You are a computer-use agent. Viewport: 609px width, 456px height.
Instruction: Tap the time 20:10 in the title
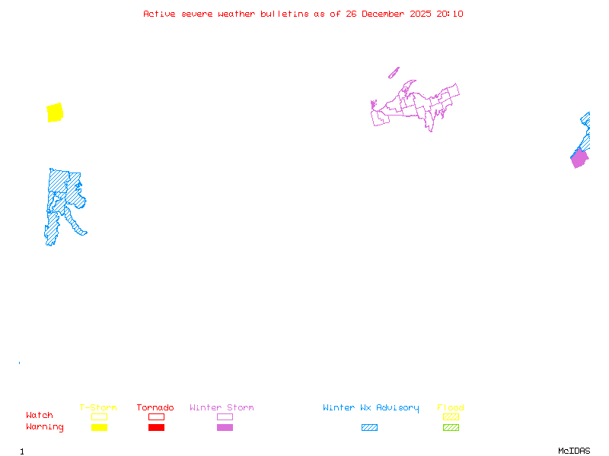tap(450, 14)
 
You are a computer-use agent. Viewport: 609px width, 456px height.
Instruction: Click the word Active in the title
tap(159, 14)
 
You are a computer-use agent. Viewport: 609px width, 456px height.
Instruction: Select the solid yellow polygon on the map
tap(55, 112)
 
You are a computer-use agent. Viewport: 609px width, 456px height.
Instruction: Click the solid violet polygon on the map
tap(579, 159)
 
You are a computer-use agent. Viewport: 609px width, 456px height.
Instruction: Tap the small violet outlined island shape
tap(394, 73)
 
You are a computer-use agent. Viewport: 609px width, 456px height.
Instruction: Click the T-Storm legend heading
tap(98, 407)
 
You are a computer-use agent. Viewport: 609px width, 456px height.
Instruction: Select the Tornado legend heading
tap(155, 407)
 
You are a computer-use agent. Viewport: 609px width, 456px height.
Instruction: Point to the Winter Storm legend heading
tap(222, 407)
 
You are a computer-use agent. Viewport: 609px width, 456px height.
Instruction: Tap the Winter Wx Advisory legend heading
tap(371, 407)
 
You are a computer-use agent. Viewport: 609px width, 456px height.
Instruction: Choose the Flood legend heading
tap(451, 407)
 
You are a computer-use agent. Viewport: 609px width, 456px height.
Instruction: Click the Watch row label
tap(40, 415)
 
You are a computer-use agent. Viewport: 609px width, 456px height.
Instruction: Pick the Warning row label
tap(45, 427)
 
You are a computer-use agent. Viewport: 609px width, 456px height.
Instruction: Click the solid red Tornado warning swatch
tap(156, 427)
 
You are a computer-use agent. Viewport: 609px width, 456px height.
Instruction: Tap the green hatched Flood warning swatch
tap(451, 427)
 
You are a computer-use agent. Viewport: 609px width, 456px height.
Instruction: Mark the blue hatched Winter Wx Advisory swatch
tap(369, 427)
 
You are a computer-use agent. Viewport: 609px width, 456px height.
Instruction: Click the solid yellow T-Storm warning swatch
tap(99, 427)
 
